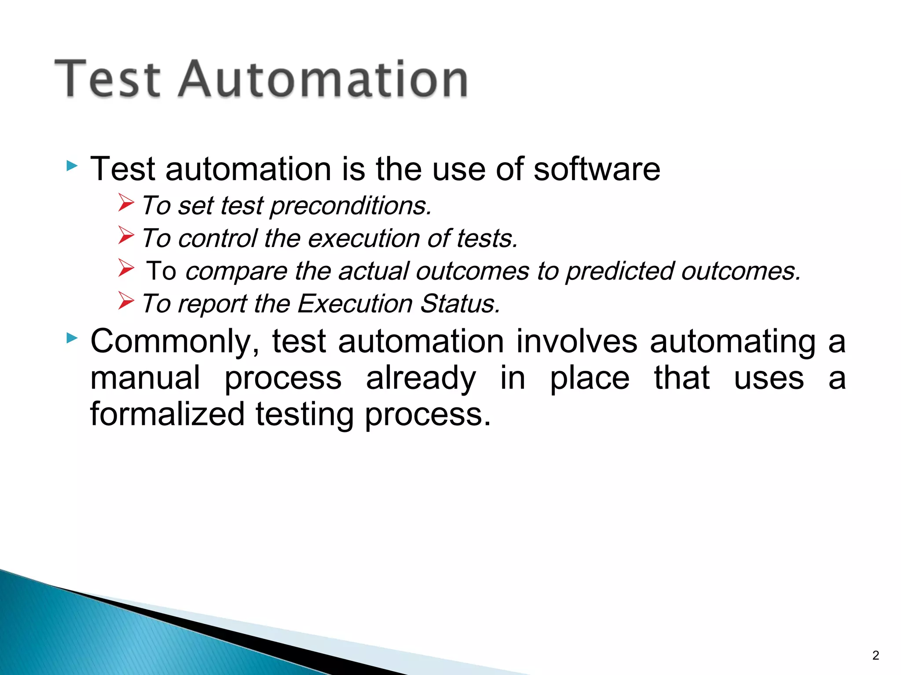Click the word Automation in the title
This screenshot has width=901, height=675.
click(323, 79)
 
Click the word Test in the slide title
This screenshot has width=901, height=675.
click(108, 79)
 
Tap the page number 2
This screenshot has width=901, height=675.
click(875, 655)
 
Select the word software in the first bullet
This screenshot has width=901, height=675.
click(597, 169)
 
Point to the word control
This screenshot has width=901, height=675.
click(217, 239)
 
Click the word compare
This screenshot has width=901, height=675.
click(236, 271)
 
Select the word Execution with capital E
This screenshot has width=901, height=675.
click(355, 304)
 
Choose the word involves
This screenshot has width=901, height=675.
click(576, 341)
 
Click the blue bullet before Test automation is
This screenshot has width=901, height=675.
click(72, 166)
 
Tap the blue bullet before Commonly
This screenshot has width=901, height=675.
click(72, 338)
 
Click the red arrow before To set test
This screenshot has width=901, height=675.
click(126, 203)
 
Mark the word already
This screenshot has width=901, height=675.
click(421, 379)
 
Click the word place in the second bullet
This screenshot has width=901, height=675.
click(590, 379)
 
